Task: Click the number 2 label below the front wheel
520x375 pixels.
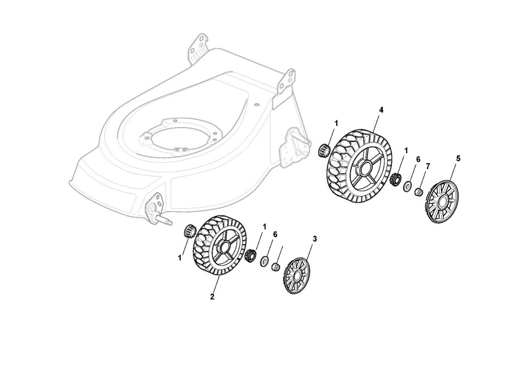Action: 212,296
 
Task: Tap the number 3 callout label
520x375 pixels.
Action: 315,239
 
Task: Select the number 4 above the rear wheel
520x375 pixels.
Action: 381,109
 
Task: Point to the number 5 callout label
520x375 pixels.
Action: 458,158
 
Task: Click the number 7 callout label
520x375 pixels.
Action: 428,166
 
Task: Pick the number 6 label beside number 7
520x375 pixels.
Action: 418,159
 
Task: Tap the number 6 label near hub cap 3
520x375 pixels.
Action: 275,234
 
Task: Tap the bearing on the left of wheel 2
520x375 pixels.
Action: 188,231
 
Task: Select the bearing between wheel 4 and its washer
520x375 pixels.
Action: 395,179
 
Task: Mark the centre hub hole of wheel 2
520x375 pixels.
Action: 223,247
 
